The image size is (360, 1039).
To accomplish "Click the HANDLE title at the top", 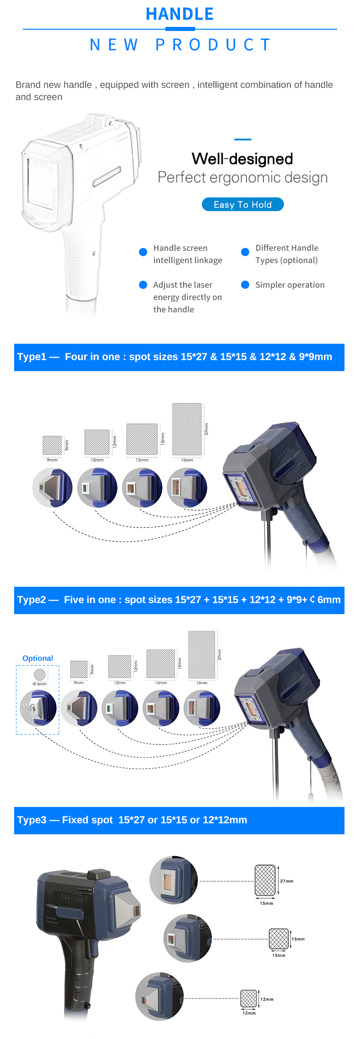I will click(x=180, y=14).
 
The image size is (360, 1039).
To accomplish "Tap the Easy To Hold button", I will click(x=242, y=205).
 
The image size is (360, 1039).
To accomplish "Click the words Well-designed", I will click(x=242, y=159).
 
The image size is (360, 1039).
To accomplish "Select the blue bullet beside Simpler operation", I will click(x=245, y=285).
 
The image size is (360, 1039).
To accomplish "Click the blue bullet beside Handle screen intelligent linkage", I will click(x=143, y=252).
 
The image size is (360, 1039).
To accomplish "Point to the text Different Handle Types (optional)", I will click(x=287, y=254).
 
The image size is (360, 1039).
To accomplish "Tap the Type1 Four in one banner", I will click(x=179, y=357).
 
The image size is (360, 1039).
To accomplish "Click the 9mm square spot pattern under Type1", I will click(x=52, y=445).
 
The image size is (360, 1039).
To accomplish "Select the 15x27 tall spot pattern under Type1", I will click(x=187, y=429).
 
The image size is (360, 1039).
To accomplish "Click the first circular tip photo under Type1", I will click(x=52, y=488).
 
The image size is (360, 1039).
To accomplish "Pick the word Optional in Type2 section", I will click(x=38, y=658).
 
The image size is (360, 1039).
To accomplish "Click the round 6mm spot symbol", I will click(x=40, y=675).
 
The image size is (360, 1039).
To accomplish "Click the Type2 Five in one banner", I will click(x=179, y=600).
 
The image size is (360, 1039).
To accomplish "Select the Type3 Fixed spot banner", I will click(x=179, y=820).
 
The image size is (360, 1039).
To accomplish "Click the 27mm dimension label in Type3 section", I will click(x=287, y=881).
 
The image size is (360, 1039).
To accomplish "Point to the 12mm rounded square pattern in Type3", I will click(x=248, y=998).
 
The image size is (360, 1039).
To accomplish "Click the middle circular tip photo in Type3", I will click(x=187, y=938).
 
